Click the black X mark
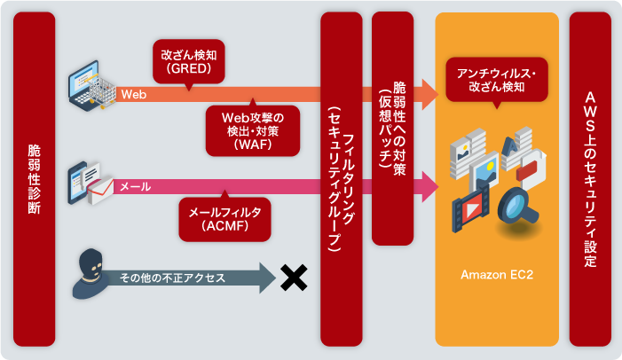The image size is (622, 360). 292,278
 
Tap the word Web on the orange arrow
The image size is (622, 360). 134,92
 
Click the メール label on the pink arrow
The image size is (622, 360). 135,187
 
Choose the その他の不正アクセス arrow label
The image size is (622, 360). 172,278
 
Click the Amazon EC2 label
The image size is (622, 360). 497,275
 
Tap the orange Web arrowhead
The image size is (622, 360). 430,90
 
